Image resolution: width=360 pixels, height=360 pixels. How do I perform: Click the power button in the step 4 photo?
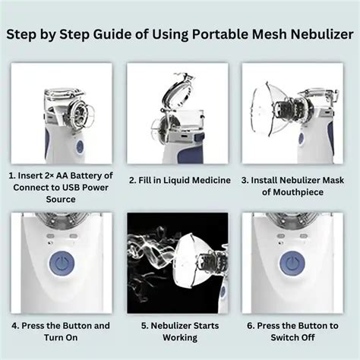(x=62, y=263)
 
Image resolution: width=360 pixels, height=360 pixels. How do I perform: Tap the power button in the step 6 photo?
(x=292, y=263)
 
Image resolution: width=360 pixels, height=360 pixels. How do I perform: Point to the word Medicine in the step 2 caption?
(x=211, y=180)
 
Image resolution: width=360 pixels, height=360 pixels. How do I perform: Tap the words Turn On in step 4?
(x=61, y=337)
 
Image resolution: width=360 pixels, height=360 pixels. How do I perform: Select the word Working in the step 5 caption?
(x=180, y=338)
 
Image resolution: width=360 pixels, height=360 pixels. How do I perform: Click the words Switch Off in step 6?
(x=292, y=337)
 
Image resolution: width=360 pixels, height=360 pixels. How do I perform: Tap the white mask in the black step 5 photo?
(x=192, y=261)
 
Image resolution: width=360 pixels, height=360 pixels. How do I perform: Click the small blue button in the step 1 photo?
(x=80, y=147)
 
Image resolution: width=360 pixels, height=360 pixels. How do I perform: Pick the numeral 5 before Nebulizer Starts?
(x=144, y=326)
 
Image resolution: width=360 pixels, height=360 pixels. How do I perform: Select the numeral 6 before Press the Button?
(x=250, y=326)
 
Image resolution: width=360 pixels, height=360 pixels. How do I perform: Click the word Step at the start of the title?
(x=21, y=35)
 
